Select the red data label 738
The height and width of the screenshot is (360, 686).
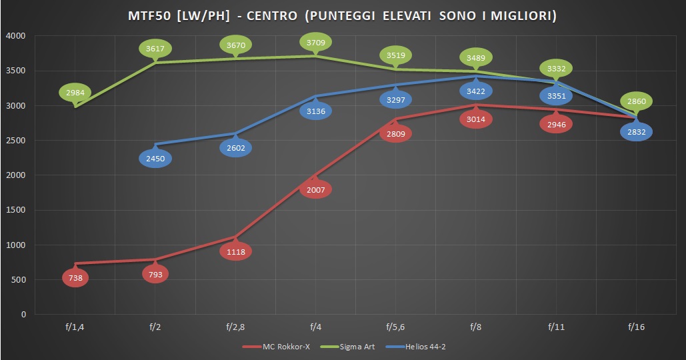tap(75, 278)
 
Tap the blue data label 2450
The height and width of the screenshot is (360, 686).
tap(155, 159)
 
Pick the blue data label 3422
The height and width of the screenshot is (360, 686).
tap(475, 91)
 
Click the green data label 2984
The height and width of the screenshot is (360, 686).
tap(75, 92)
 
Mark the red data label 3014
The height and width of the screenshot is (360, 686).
tap(475, 119)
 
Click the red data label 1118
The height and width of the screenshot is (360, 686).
tap(235, 251)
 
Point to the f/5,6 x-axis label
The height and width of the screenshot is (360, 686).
tap(395, 327)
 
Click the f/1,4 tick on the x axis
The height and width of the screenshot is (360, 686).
tap(75, 327)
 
